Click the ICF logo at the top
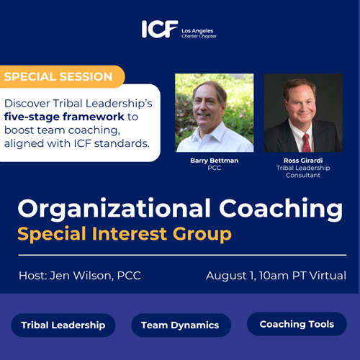[160, 29]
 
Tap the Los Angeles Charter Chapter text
[199, 33]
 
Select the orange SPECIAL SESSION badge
[62, 77]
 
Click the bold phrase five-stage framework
[64, 117]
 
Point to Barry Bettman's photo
[215, 113]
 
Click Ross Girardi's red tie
[306, 143]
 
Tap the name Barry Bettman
[215, 161]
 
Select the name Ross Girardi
[303, 161]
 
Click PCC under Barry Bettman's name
[215, 168]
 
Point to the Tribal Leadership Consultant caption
[303, 171]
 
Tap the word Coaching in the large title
[281, 209]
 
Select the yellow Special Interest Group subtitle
[125, 234]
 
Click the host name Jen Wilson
[81, 276]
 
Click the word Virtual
[328, 276]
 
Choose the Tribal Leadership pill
[63, 325]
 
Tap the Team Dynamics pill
[181, 325]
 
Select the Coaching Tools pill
[297, 324]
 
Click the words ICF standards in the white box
[112, 144]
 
